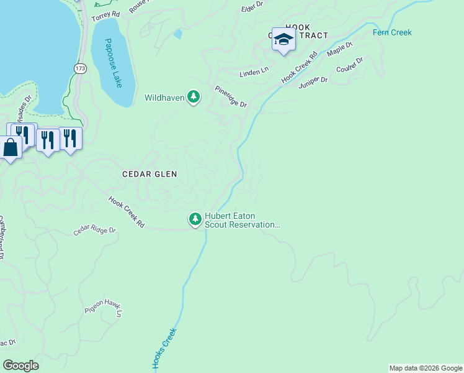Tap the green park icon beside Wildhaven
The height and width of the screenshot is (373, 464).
click(x=194, y=97)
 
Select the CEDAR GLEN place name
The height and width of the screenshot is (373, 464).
click(x=149, y=175)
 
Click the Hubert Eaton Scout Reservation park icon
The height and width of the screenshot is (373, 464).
click(x=195, y=219)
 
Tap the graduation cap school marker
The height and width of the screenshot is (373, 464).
click(x=283, y=40)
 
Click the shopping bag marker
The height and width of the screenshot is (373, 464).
click(x=11, y=149)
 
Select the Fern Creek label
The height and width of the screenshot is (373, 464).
click(x=392, y=32)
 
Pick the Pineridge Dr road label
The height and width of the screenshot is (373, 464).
click(x=231, y=97)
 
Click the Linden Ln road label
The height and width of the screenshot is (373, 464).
click(x=254, y=73)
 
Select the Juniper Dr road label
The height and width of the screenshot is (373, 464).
click(x=313, y=82)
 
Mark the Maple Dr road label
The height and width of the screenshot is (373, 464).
click(x=339, y=49)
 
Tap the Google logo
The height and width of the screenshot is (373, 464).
click(x=20, y=366)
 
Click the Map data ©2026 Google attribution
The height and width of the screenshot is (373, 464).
click(x=426, y=368)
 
